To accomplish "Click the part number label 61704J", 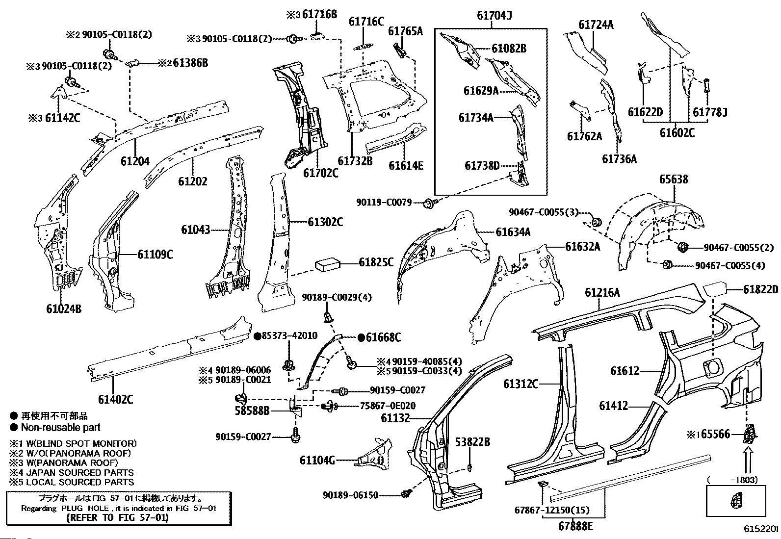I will tap(494, 16).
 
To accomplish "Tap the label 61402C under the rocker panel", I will tap(115, 399).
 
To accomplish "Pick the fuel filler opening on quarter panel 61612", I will tap(713, 366).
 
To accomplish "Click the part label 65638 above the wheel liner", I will tap(673, 180).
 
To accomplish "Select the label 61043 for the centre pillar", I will tap(195, 230).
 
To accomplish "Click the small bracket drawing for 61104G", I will tap(375, 455).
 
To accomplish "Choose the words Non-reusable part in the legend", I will tap(60, 427).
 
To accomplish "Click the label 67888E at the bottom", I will tap(575, 526).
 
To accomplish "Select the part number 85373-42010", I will tap(289, 335).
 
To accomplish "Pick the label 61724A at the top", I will tap(596, 25).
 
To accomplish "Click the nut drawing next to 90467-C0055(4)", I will tap(667, 265).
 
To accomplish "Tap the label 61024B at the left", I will tap(64, 308).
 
